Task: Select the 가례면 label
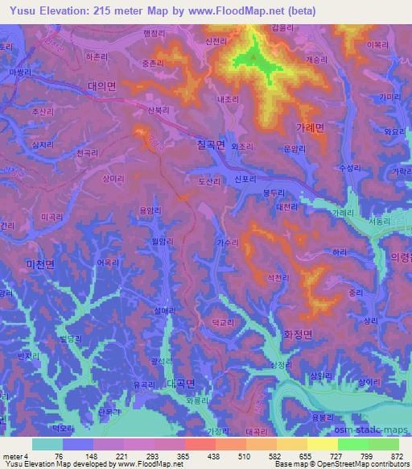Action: point(308,127)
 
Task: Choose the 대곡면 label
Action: point(181,382)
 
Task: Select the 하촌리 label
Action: point(96,58)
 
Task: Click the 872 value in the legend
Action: point(397,455)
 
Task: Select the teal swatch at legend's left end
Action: point(47,443)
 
